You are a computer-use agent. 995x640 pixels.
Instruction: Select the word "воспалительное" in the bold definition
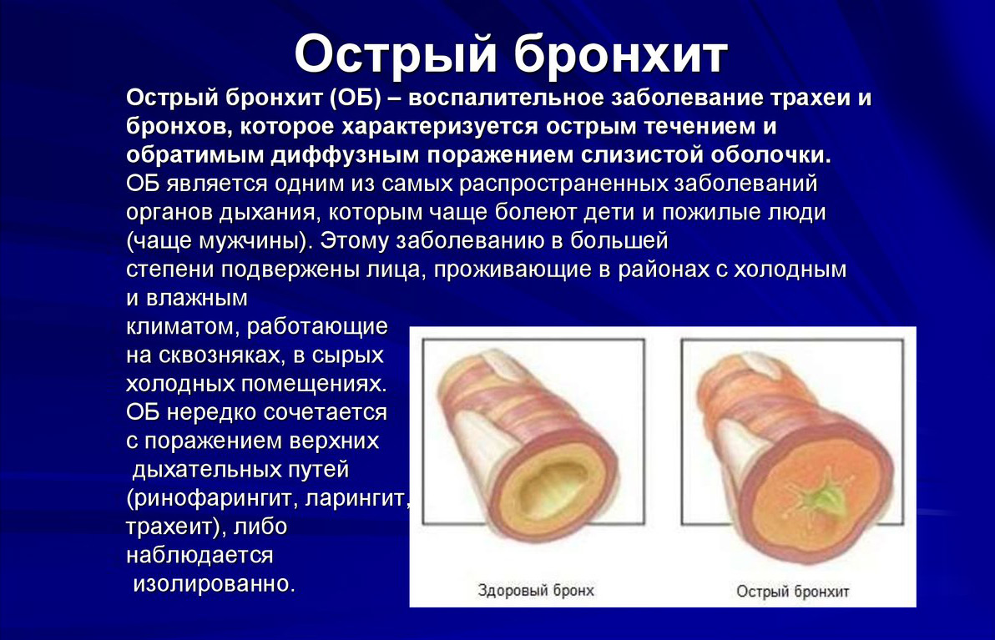(509, 98)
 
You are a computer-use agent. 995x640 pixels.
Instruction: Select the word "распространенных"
(563, 184)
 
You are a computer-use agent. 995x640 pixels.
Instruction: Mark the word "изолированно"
(214, 583)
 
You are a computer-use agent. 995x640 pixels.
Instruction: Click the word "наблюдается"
(200, 555)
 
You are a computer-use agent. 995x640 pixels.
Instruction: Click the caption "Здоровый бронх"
(536, 591)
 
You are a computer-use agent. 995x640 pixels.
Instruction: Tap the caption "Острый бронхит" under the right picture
(792, 592)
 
